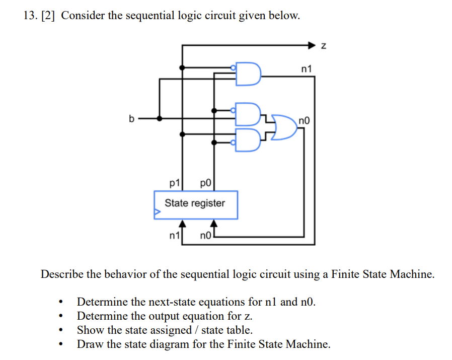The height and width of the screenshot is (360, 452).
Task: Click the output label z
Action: coord(324,46)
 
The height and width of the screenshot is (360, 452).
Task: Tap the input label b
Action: coord(131,118)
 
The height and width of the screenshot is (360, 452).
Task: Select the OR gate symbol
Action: coord(284,127)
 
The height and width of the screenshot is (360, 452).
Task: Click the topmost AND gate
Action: coord(248,74)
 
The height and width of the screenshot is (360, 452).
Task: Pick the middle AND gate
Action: coord(248,114)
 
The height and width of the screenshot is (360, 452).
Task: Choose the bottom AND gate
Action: coord(248,140)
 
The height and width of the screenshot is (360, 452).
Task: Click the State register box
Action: coord(196,205)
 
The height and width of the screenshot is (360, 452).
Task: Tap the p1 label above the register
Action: coord(174,183)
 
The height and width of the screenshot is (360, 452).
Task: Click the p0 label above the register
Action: coord(205,183)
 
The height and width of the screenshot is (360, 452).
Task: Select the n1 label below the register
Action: coord(174,236)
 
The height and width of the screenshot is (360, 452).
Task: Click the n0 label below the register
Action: coord(205,236)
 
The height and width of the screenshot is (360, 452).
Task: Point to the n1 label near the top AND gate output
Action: coord(307,69)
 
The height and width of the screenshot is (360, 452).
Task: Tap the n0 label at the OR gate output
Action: coord(304,120)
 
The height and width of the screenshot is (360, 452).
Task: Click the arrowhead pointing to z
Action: coord(312,45)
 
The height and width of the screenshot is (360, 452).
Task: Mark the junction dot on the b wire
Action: coord(159,118)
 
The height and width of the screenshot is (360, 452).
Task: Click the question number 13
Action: coord(30,15)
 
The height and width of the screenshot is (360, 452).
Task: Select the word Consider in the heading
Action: coord(83,15)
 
